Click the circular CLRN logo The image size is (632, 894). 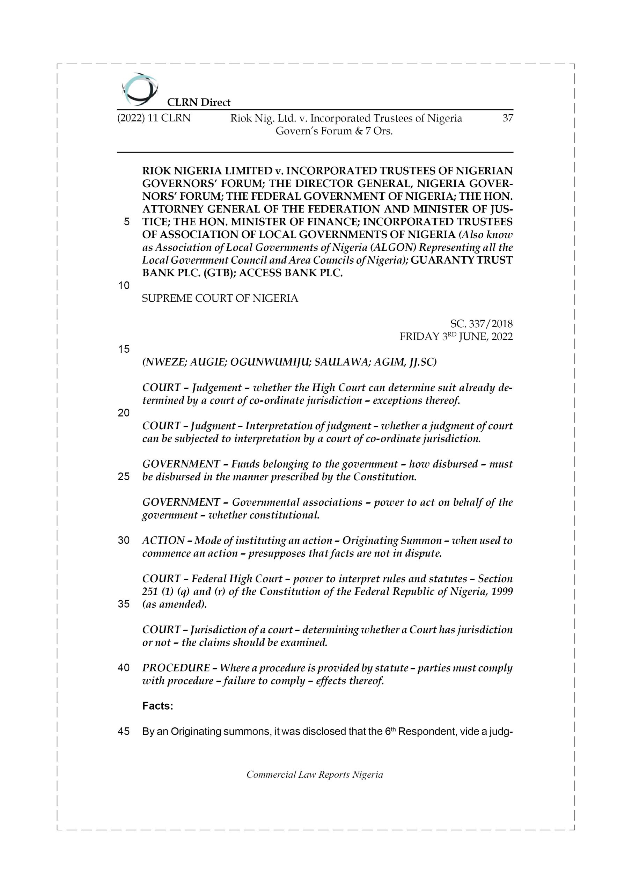tap(140, 89)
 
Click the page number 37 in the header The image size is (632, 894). tap(507, 118)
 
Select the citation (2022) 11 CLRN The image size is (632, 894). tap(154, 118)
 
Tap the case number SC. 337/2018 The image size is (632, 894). tap(481, 324)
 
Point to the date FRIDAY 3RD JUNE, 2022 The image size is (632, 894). tap(456, 336)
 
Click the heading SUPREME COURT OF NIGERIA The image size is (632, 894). tap(220, 298)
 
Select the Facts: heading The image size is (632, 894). tap(158, 706)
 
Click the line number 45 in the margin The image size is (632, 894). tap(124, 732)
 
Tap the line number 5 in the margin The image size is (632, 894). tap(126, 222)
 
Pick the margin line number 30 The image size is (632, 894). tap(124, 541)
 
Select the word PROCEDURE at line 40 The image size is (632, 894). tap(176, 668)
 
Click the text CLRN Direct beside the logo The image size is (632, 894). tap(199, 102)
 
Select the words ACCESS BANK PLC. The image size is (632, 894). tap(291, 273)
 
